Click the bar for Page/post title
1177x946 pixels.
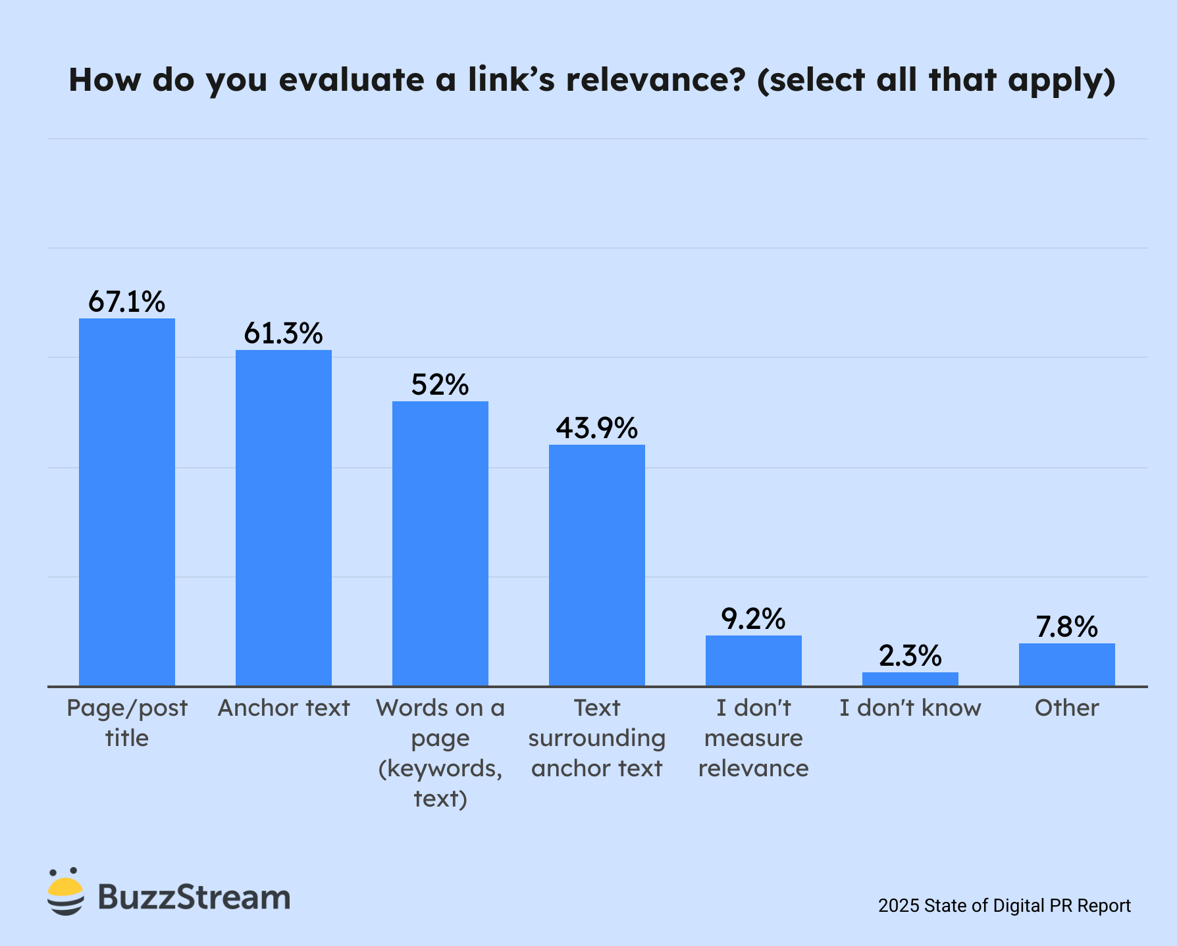pos(127,502)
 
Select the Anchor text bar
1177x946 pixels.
pos(284,518)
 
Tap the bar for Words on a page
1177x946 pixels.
pos(440,543)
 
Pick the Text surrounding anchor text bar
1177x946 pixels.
pos(597,565)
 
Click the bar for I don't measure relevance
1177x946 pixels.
pos(754,660)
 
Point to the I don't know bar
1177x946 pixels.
pos(910,679)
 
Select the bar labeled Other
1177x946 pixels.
pos(1067,664)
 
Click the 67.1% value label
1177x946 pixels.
pos(127,301)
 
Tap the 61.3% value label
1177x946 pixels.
pos(284,333)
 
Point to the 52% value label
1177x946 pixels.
pos(440,384)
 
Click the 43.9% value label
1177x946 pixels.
pos(597,428)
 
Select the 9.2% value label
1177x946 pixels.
pos(754,618)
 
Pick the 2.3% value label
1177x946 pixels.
pos(910,655)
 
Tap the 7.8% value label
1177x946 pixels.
pos(1067,626)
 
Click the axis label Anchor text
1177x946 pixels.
pos(284,708)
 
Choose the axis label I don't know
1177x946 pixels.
pos(910,708)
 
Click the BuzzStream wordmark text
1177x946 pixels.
pos(194,897)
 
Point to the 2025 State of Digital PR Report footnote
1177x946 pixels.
pos(1005,906)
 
